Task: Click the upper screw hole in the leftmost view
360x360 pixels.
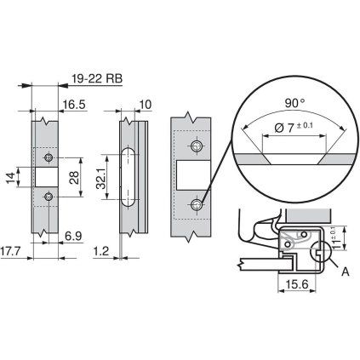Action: pos(49,158)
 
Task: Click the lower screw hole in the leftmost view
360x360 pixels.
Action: pos(49,197)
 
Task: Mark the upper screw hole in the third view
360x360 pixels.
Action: pos(197,147)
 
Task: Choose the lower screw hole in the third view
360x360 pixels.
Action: pos(197,204)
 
